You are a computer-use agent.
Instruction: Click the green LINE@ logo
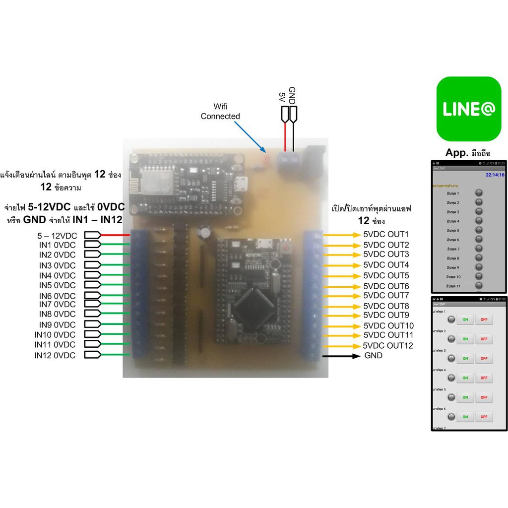pos(468,109)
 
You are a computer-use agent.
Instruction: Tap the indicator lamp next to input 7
pos(479,249)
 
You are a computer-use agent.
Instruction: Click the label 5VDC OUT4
pos(386,265)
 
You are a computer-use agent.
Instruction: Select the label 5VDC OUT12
pos(388,346)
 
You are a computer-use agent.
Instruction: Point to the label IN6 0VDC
pos(58,296)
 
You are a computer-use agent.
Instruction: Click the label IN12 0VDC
pos(55,355)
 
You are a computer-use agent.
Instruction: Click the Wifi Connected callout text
pos(220,112)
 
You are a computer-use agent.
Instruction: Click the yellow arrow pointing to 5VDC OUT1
pos(341,235)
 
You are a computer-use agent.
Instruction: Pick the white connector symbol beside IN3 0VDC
pos(92,265)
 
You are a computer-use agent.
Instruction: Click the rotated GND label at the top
pos(292,94)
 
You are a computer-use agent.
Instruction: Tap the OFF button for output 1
pos(484,319)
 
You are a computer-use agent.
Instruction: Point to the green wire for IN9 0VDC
pos(116,325)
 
